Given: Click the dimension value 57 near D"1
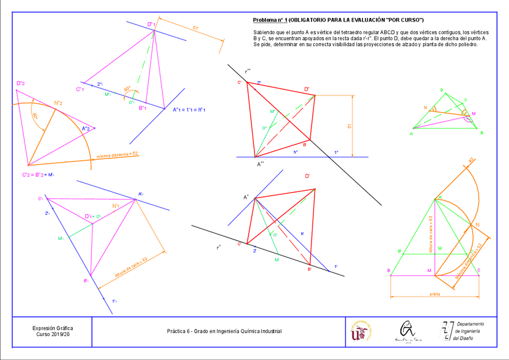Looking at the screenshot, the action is coord(196,28).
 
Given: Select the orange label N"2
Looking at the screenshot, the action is coord(59,103).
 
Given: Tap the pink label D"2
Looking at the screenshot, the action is coord(20,83).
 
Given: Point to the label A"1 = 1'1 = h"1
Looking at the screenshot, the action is coord(189,110).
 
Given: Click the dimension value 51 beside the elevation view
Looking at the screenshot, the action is coord(349,126).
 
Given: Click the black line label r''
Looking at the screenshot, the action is coord(247,70).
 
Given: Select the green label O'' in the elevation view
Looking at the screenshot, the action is coord(265,128).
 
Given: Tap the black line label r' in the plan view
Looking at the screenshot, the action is coord(219,247).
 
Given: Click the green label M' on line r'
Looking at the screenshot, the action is coord(277,260).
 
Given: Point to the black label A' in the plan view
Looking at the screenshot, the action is coord(246,197).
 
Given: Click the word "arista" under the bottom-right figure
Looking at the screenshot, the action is coord(435,294).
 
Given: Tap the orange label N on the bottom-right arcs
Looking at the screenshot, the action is coord(478,225).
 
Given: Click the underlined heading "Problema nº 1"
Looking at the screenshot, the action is coord(270,20).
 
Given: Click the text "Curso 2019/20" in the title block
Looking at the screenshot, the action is coord(53,335).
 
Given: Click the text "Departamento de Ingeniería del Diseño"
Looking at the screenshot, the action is coord(470,331).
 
